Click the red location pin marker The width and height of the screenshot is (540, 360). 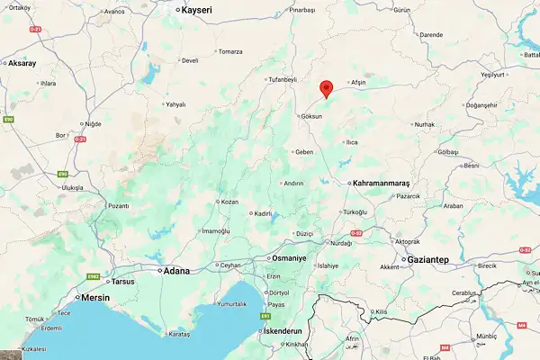[x=327, y=87]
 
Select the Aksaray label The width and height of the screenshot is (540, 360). [x=21, y=64]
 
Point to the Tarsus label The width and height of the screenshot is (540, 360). [x=122, y=281]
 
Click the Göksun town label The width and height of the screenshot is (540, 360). [x=311, y=116]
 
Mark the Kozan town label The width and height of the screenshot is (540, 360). [x=229, y=202]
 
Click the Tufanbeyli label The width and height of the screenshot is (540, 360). [x=281, y=79]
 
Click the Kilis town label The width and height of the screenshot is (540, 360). [x=382, y=311]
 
